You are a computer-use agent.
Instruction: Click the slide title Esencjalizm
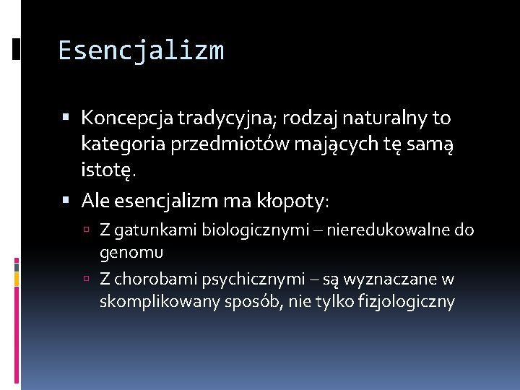(141, 51)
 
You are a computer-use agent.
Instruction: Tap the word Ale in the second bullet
(95, 200)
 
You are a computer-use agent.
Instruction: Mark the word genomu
(131, 252)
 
